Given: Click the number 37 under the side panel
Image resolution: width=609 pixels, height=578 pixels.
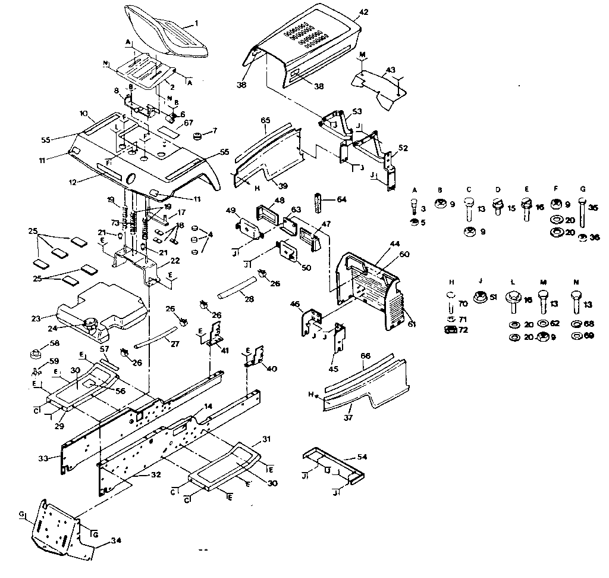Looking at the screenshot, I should [x=349, y=418].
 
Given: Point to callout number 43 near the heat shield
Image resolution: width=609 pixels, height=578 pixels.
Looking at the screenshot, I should [x=390, y=70].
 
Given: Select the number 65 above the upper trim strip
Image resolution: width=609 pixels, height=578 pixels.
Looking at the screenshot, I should [x=265, y=120].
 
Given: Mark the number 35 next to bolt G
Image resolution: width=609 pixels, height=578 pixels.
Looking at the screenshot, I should [x=594, y=208].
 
